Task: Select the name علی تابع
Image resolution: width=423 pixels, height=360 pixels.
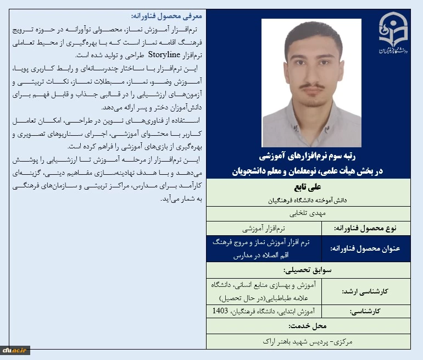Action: pos(308,187)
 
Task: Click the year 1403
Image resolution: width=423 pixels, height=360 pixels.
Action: pos(221,311)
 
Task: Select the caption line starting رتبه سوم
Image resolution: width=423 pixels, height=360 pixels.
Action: pos(308,157)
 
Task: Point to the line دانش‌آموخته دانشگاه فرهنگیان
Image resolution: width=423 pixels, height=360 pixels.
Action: pos(308,199)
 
